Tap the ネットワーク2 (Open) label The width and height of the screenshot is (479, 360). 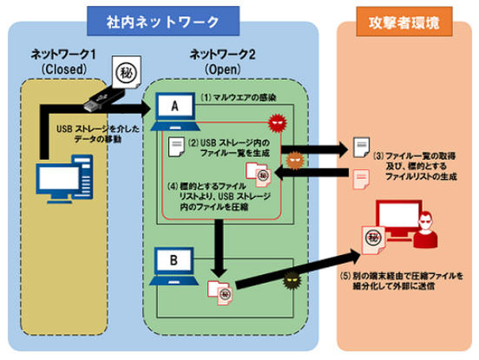pos(223,62)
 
